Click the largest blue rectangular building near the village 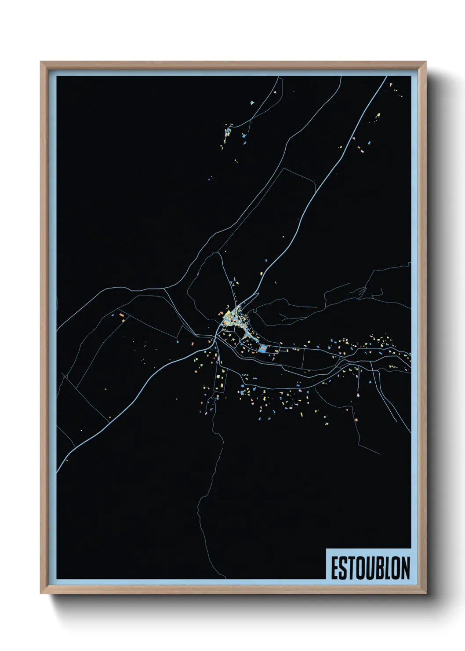tap(263, 349)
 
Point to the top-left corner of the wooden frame tap(41, 62)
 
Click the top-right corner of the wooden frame tap(426, 62)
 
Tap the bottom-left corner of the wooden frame tap(41, 593)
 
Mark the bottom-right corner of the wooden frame tap(426, 593)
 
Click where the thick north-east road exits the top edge tap(387, 77)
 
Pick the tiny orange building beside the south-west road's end tap(67, 461)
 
